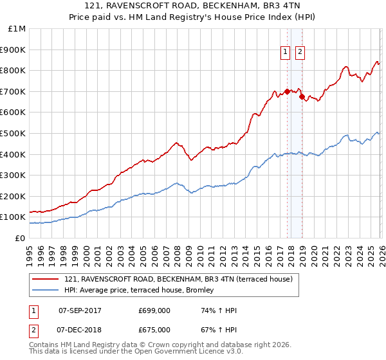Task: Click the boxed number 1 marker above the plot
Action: point(285,53)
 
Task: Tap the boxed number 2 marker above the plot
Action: point(300,53)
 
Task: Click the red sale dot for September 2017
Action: point(287,91)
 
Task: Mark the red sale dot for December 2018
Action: point(301,96)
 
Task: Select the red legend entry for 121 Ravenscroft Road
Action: point(178,279)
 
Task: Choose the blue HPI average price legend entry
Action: point(143,291)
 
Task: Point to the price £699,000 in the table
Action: point(154,311)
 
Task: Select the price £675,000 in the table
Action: point(154,330)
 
